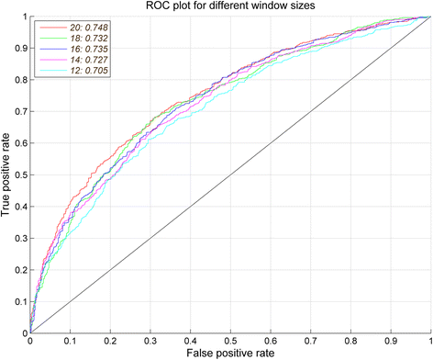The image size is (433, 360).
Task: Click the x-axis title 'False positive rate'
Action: [230, 354]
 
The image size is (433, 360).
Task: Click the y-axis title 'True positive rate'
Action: [7, 175]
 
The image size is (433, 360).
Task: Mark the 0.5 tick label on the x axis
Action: [230, 341]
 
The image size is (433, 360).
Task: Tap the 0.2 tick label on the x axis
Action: [110, 341]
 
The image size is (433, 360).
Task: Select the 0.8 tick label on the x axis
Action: [350, 341]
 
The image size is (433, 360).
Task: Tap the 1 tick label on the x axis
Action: [430, 341]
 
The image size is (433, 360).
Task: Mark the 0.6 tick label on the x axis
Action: [271, 341]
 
